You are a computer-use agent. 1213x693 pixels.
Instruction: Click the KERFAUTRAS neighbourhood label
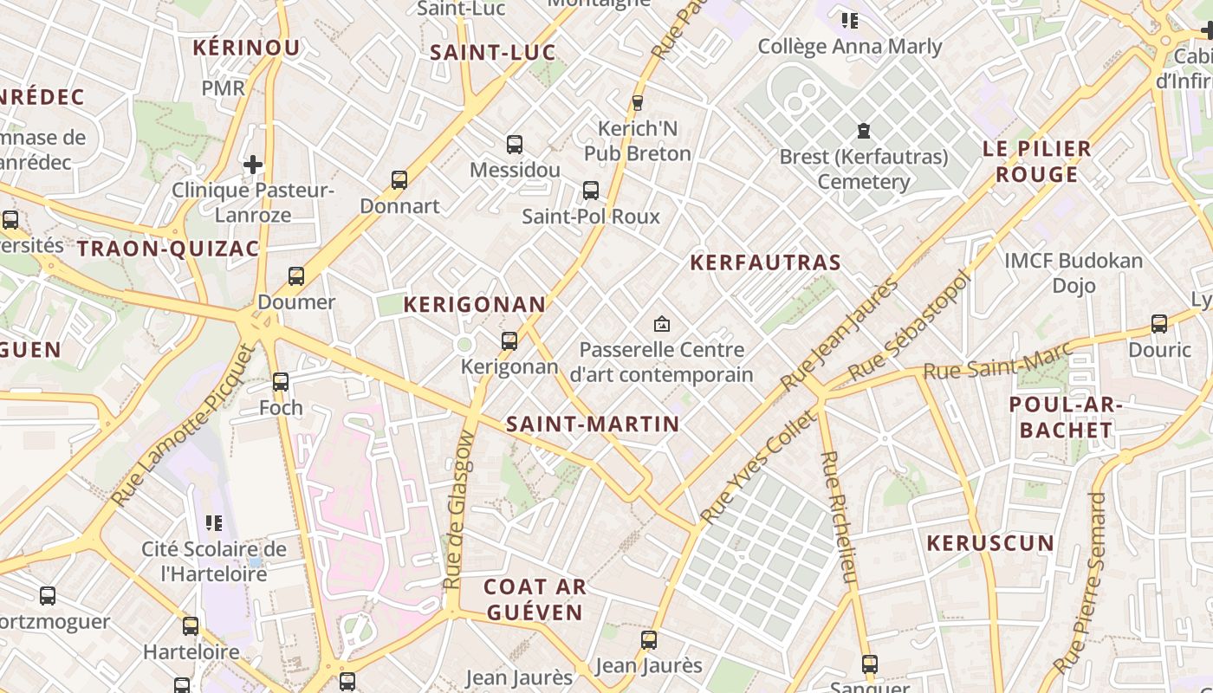tap(765, 262)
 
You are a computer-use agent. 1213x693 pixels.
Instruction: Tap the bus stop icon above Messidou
tap(515, 145)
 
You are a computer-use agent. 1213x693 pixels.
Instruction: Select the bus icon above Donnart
tap(399, 180)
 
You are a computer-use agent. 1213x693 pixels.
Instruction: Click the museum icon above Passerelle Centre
tap(662, 324)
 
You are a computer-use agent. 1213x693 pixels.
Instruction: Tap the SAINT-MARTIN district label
tap(593, 424)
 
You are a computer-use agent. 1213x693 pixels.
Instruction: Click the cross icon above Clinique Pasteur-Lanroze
tap(253, 164)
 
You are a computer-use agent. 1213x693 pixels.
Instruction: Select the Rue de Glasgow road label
tap(459, 511)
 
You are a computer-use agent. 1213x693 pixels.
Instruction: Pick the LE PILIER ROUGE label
tap(1037, 161)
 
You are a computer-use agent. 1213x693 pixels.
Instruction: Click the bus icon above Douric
tap(1159, 324)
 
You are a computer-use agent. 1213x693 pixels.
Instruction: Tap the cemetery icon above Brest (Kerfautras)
tap(863, 131)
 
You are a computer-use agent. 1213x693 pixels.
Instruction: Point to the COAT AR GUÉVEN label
tap(535, 599)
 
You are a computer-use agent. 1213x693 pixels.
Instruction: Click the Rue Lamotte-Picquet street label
tap(185, 425)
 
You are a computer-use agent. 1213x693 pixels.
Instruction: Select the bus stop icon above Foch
tap(281, 381)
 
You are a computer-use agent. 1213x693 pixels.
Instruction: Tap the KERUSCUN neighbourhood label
tap(990, 543)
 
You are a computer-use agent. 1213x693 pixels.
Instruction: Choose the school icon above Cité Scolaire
tap(214, 522)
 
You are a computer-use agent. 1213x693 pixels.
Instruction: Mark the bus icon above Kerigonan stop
tap(509, 341)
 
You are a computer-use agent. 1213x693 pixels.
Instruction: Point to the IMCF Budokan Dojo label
tap(1074, 272)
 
